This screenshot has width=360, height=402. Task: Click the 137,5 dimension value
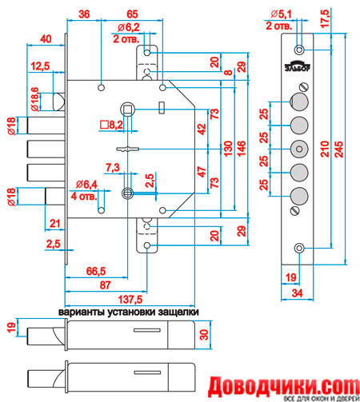click(130, 300)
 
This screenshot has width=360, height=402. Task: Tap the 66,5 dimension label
click(96, 271)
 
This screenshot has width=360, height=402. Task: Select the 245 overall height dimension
click(338, 149)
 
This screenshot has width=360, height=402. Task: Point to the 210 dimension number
click(325, 149)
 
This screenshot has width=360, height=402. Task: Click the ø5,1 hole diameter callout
click(281, 14)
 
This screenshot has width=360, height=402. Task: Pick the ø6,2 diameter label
click(128, 27)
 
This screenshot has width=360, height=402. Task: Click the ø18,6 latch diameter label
click(34, 99)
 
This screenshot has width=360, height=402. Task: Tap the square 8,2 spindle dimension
click(111, 125)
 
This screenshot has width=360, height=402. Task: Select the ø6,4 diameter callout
click(86, 184)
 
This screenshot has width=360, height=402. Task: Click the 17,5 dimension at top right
click(325, 18)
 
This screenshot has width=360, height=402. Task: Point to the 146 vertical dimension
click(241, 149)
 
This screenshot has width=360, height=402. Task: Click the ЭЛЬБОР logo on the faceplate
click(297, 66)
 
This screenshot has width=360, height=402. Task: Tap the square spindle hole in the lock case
click(128, 109)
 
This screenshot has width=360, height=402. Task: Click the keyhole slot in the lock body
click(128, 149)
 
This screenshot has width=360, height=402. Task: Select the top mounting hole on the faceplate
click(299, 50)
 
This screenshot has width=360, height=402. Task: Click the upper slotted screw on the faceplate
click(304, 87)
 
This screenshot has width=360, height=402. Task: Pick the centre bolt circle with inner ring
click(299, 149)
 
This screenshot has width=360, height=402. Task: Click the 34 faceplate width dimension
click(297, 293)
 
